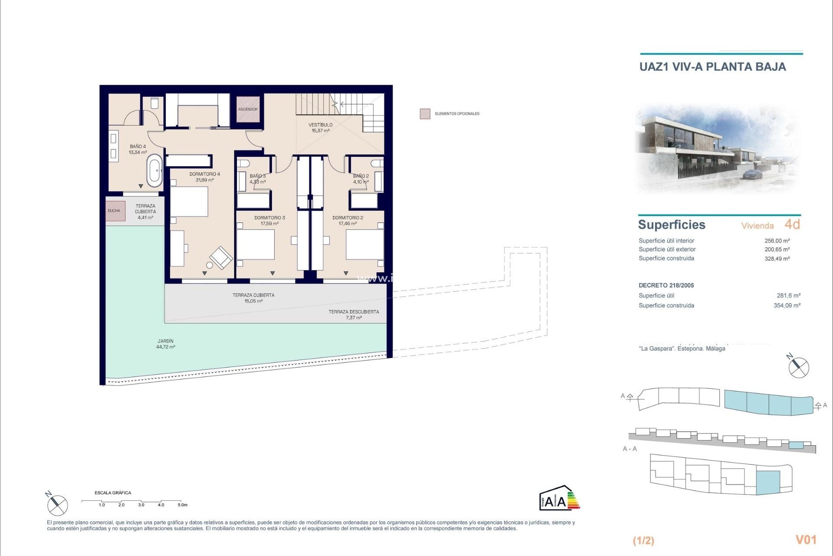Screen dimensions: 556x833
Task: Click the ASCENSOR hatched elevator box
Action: tap(248, 109)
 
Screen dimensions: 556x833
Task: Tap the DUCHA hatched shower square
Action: tap(115, 211)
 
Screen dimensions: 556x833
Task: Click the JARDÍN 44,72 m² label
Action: tap(166, 344)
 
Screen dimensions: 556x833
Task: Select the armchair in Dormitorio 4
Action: tap(221, 257)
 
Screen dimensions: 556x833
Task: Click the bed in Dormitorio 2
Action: tap(365, 245)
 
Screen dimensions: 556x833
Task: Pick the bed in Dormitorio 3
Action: tap(256, 245)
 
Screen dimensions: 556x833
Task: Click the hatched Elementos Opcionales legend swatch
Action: tap(425, 114)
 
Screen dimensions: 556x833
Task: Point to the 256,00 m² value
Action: tap(777, 241)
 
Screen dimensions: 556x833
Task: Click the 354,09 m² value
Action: tap(787, 305)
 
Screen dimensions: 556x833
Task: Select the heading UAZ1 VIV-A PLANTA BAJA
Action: tap(712, 67)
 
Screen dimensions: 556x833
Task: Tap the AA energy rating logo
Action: tap(559, 498)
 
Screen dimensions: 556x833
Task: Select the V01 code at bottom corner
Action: tap(806, 539)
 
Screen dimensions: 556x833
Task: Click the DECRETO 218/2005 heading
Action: tap(666, 285)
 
